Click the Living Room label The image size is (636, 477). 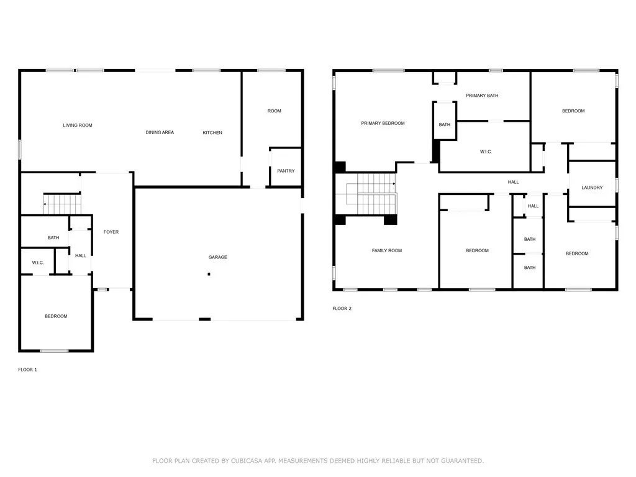tap(78, 125)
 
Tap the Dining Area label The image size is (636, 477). tap(160, 132)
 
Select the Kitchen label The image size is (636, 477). tap(212, 133)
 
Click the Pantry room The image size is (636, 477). tap(286, 171)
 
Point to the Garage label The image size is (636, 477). tap(217, 257)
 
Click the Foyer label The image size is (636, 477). tap(111, 232)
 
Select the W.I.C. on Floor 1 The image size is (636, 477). tap(38, 263)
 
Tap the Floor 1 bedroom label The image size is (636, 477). tap(56, 316)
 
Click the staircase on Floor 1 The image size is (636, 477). tap(62, 203)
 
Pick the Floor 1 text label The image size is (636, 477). tap(27, 370)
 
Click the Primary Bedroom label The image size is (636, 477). tap(383, 123)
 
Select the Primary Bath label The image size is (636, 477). tap(482, 96)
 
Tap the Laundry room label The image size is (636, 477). tap(592, 188)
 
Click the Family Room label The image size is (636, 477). tap(387, 250)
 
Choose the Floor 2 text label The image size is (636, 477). tap(342, 308)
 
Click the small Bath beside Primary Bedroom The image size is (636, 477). tap(445, 125)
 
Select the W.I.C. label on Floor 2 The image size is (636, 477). tap(486, 152)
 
